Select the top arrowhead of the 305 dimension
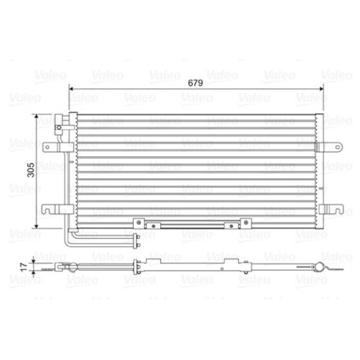coord(37,117)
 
